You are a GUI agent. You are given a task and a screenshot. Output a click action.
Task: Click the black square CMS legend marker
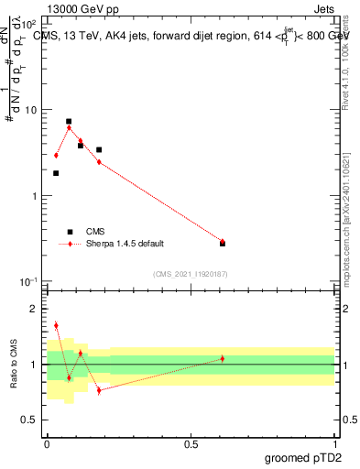(69, 232)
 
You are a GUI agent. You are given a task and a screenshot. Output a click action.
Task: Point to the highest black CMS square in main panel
(69, 121)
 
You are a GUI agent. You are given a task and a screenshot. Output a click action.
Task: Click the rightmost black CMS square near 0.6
(223, 243)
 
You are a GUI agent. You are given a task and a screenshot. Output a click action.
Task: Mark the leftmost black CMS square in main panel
(56, 173)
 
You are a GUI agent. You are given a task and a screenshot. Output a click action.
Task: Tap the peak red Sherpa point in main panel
(69, 127)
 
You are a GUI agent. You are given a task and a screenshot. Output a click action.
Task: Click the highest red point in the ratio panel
(56, 325)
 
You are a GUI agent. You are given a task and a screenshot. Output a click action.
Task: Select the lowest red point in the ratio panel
(99, 390)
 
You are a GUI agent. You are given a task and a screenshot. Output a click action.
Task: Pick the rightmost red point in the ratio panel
(223, 358)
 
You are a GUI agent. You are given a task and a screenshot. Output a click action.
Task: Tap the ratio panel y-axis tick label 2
(34, 309)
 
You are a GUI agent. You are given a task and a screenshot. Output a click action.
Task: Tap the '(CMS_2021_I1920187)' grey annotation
(191, 274)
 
